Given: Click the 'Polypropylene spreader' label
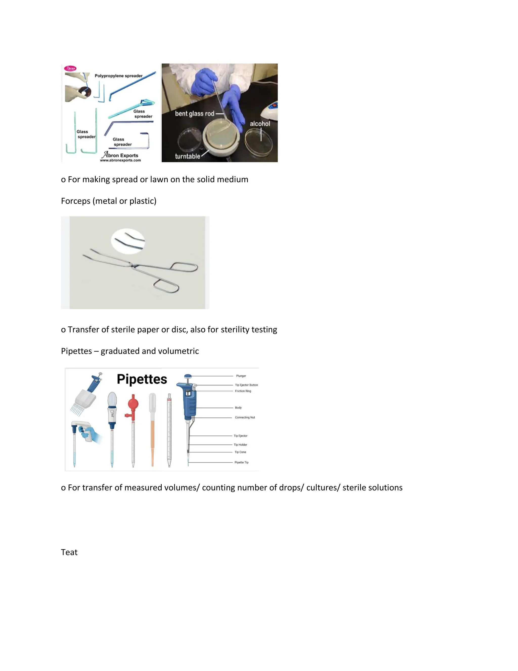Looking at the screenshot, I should [118, 76].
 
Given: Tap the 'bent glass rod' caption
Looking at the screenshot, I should [195, 114].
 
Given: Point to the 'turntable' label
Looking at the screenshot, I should [187, 156].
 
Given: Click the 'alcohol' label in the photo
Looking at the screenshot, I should [260, 124].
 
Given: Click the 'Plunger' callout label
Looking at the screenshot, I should [241, 376].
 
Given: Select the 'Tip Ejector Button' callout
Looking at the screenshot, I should [246, 385].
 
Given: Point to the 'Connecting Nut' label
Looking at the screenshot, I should [245, 418].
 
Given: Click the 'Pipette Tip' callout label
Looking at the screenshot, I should [241, 462].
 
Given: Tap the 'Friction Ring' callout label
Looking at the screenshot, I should [243, 391].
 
